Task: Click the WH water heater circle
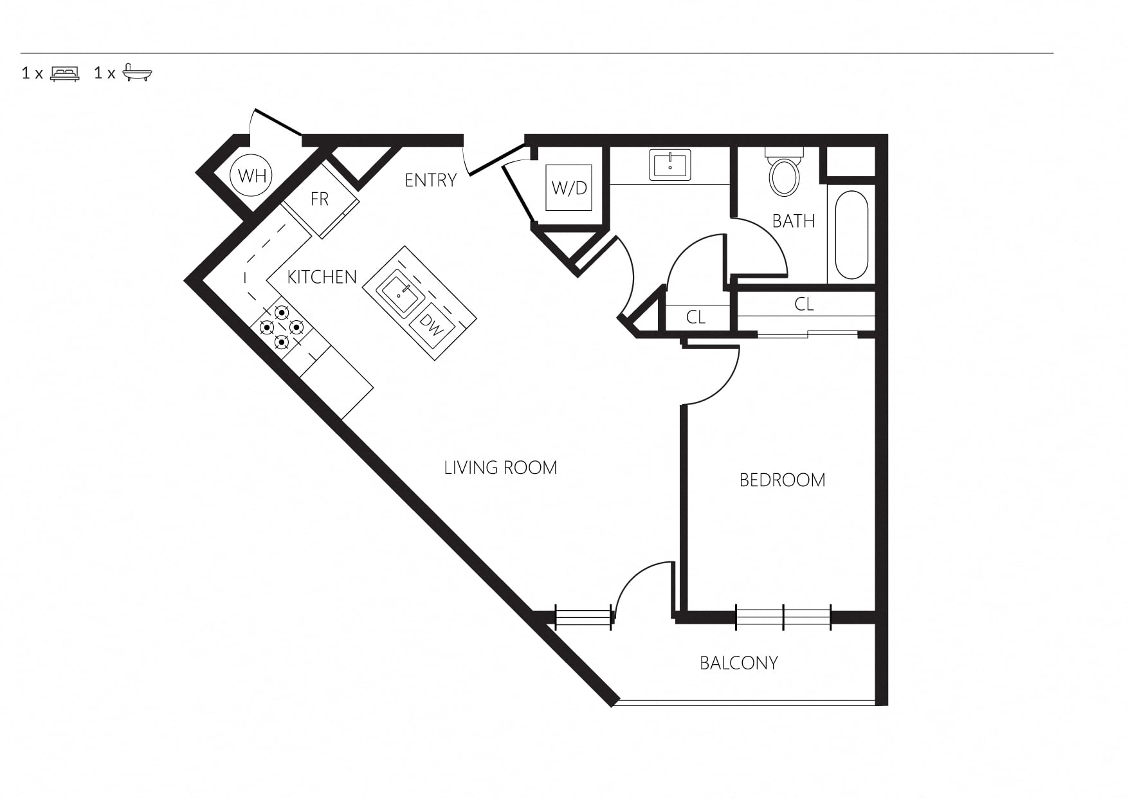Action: coord(251,175)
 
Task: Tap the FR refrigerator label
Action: coord(320,199)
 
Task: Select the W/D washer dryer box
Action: coord(569,188)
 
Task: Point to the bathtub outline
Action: coord(851,235)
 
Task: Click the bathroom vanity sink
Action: coord(670,165)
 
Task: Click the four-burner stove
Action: coord(282,327)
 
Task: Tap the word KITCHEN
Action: coord(322,277)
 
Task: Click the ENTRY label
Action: coord(430,180)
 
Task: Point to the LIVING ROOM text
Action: coord(500,467)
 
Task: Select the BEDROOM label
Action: coord(782,480)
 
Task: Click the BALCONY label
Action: coord(739,663)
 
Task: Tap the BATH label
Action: coord(794,221)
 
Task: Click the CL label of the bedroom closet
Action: coord(804,304)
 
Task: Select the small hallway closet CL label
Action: coord(696,317)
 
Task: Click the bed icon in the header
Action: coord(65,73)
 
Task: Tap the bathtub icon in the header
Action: coord(137,72)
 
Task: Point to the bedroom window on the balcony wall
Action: coord(783,617)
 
